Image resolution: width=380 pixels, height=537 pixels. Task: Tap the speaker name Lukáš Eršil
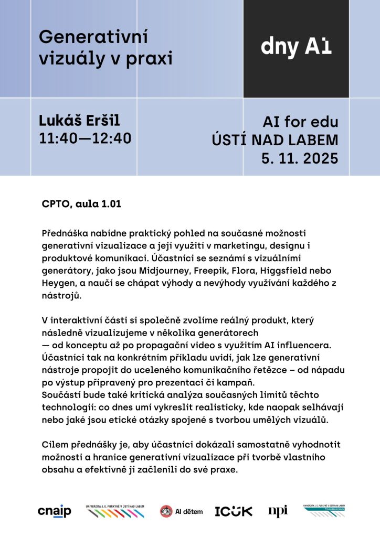(x=80, y=121)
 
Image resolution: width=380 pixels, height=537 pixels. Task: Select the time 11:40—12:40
(x=85, y=138)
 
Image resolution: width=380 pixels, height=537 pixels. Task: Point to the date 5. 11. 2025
(x=300, y=158)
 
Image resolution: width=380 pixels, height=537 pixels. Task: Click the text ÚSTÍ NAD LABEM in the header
(x=275, y=141)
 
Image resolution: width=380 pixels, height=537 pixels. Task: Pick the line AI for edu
(x=300, y=123)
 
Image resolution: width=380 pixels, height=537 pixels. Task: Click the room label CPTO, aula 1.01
(x=81, y=204)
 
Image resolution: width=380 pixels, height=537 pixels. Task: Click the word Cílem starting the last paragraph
(x=55, y=445)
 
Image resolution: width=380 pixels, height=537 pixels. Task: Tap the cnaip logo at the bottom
(x=55, y=511)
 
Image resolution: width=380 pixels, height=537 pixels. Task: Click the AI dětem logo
(x=181, y=511)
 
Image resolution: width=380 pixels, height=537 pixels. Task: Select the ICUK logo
(x=234, y=511)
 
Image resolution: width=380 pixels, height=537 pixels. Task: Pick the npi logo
(x=278, y=511)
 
